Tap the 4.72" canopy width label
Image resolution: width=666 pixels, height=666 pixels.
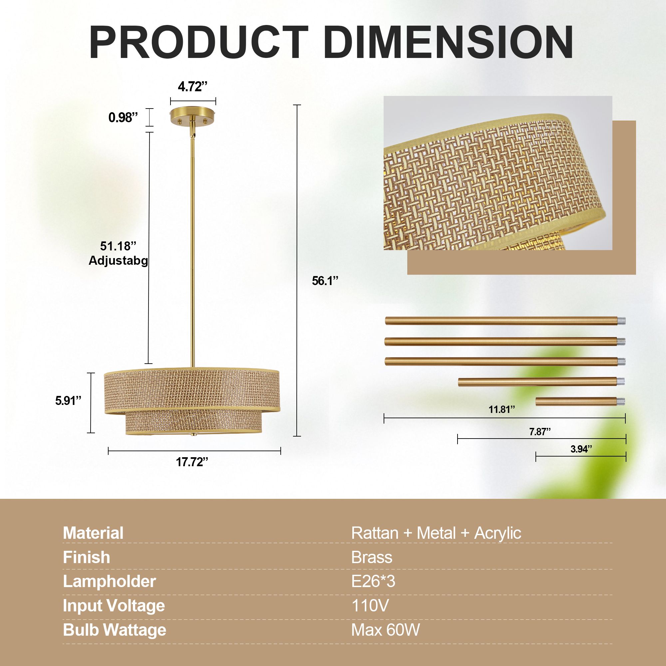tap(193, 87)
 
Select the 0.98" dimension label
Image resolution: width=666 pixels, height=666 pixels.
tap(123, 118)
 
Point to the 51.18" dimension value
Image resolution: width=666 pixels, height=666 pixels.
tap(118, 246)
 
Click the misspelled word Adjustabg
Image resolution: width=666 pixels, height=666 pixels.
tap(118, 261)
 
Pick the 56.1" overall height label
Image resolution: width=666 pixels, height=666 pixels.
tap(325, 281)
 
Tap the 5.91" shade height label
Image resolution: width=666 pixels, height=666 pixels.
tap(68, 401)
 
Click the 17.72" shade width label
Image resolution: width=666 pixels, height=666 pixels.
tap(192, 462)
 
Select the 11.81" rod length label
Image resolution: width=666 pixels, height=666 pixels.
tap(501, 410)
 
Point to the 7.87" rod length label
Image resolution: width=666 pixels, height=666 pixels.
tap(540, 432)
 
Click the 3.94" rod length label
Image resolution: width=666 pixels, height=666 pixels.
tap(581, 449)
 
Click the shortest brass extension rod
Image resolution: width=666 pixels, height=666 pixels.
tap(580, 401)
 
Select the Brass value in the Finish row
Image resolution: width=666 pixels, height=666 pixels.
tap(372, 557)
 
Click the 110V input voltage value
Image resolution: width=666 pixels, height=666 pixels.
tap(370, 606)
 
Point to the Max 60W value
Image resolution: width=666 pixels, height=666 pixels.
tap(385, 630)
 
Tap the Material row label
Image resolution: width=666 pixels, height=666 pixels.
tap(93, 533)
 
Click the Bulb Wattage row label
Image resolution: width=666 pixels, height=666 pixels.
tap(115, 630)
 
